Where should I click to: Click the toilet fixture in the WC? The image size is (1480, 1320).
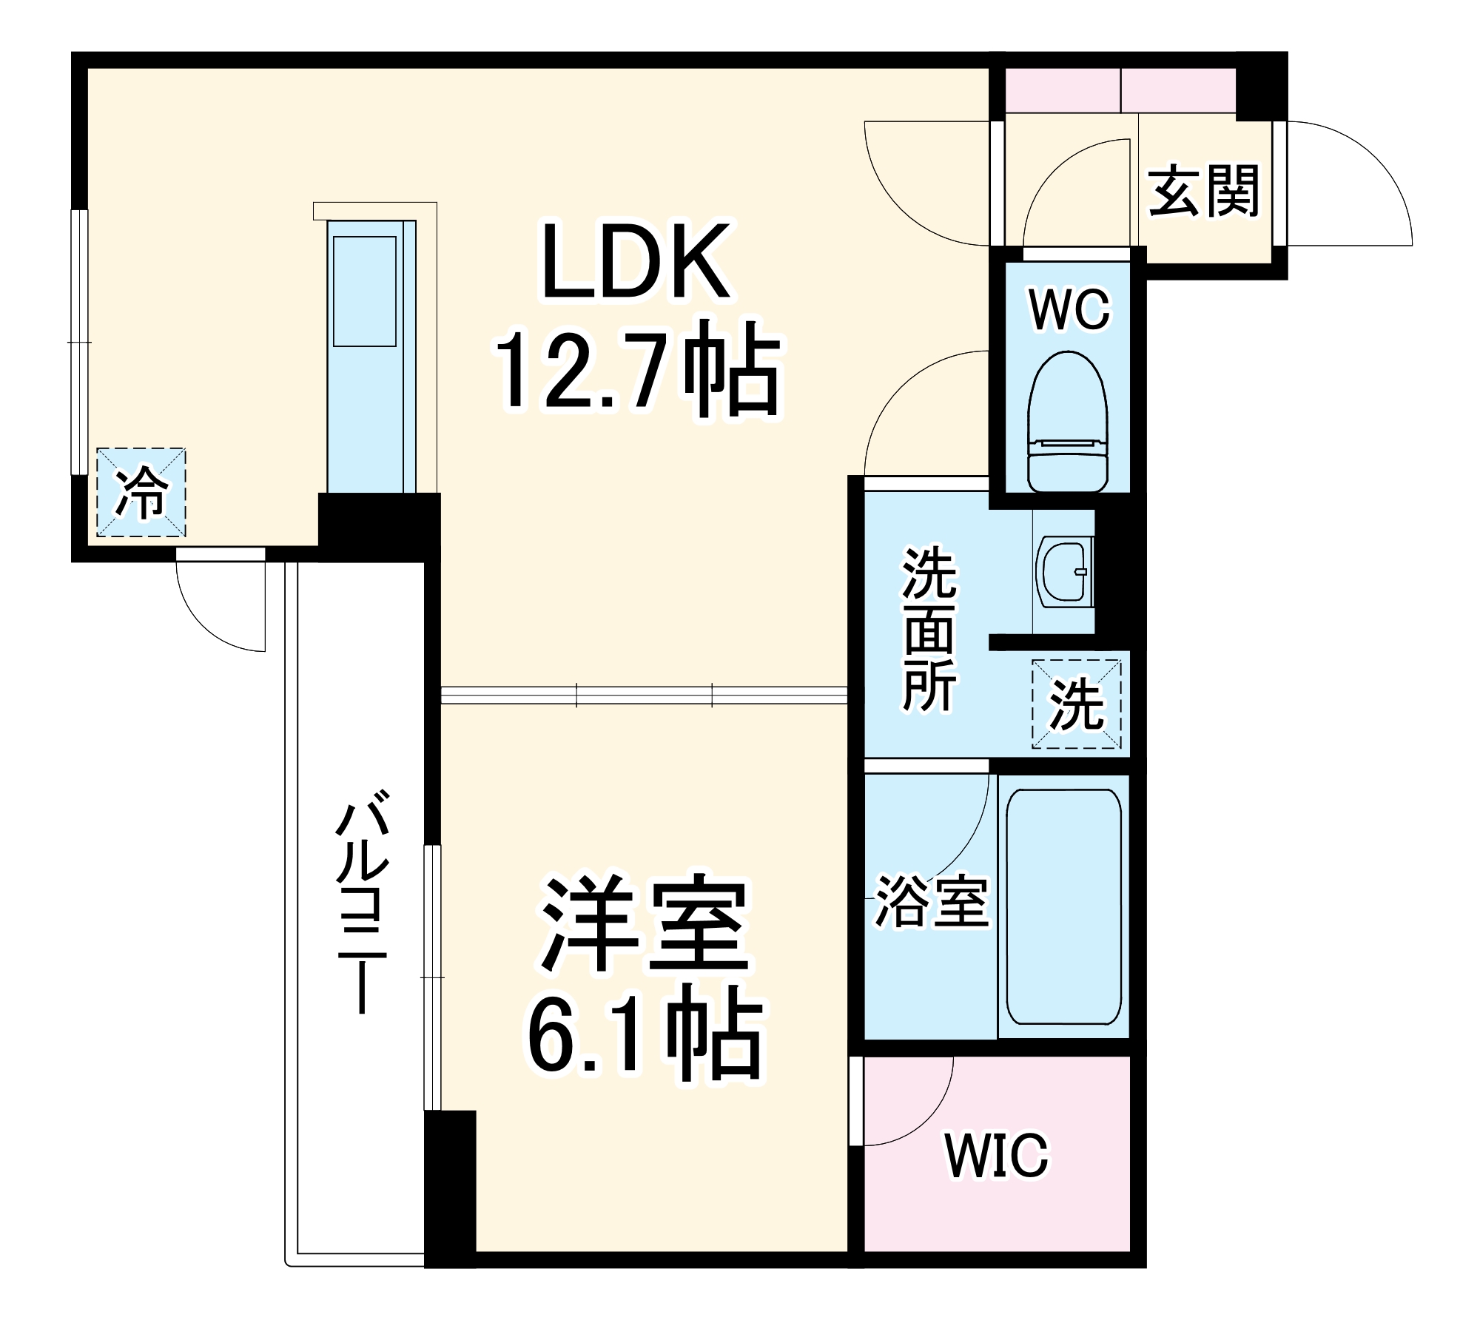click(x=1068, y=422)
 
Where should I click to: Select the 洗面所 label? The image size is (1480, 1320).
click(x=929, y=629)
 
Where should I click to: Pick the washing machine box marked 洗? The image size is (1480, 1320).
click(x=1077, y=704)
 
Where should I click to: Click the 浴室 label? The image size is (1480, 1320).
click(x=932, y=902)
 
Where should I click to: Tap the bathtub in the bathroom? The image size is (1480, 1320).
click(x=1063, y=906)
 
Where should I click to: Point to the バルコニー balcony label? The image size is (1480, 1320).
click(x=362, y=900)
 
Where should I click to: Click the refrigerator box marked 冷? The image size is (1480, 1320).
click(x=141, y=492)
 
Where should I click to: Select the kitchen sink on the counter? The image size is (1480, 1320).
click(x=364, y=292)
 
